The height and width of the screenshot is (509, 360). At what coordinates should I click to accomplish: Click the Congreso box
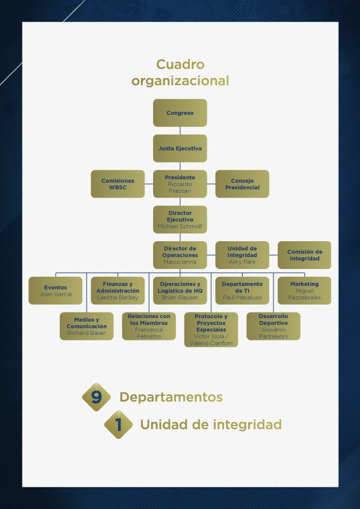180,112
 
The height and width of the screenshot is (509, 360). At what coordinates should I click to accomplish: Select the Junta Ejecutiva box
180,148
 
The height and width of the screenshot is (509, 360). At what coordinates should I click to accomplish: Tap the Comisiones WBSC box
117,184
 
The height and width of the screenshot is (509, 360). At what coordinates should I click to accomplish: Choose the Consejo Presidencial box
243,184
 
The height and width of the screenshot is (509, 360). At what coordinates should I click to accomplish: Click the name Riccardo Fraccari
180,187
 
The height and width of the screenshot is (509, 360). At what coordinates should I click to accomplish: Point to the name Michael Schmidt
180,226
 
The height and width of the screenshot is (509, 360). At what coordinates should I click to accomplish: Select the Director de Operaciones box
180,255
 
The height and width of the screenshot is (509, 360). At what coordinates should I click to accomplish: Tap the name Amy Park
243,262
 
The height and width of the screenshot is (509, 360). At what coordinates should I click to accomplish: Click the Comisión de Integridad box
304,255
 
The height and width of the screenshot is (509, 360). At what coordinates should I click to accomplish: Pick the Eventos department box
56,291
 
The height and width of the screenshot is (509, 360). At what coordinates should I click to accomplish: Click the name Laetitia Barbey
117,297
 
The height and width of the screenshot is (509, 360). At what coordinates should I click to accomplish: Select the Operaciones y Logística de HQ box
180,291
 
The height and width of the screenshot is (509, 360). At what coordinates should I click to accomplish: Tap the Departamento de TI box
243,291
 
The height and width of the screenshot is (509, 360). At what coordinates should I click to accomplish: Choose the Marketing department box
304,291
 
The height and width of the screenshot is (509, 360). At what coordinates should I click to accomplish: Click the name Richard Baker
87,332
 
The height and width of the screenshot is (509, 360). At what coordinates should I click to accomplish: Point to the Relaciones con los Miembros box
149,326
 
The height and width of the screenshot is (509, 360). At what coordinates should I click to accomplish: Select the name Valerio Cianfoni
211,343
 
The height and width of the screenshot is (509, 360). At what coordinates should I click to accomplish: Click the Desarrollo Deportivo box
273,326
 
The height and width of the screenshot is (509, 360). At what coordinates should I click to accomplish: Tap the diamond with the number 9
96,397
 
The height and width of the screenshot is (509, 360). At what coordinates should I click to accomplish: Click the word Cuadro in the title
180,64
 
